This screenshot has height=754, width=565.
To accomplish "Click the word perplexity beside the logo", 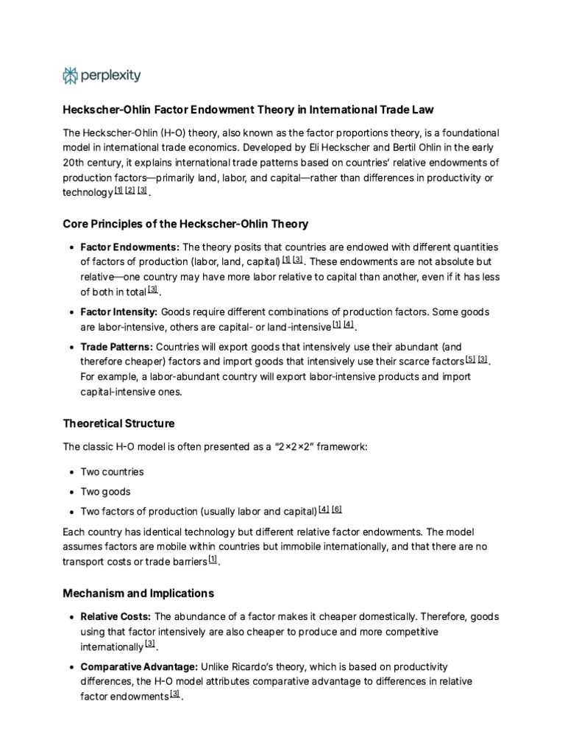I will (110, 75).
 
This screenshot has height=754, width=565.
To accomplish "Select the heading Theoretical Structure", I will (118, 423).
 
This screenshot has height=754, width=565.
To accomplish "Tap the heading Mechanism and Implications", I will (138, 593).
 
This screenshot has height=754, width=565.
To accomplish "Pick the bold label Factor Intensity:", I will (119, 311).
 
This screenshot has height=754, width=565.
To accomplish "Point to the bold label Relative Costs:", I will (116, 616).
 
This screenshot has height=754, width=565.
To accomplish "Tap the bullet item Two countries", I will (112, 471).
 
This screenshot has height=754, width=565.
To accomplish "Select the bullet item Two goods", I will (105, 491).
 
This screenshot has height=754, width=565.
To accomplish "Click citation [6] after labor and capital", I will (337, 509).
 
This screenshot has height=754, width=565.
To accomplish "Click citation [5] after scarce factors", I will (470, 359).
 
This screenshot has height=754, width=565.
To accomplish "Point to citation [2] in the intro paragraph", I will (130, 190).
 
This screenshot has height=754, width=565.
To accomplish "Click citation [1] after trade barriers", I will (213, 560).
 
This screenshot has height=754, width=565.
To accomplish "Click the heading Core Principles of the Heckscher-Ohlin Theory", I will (185, 223).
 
